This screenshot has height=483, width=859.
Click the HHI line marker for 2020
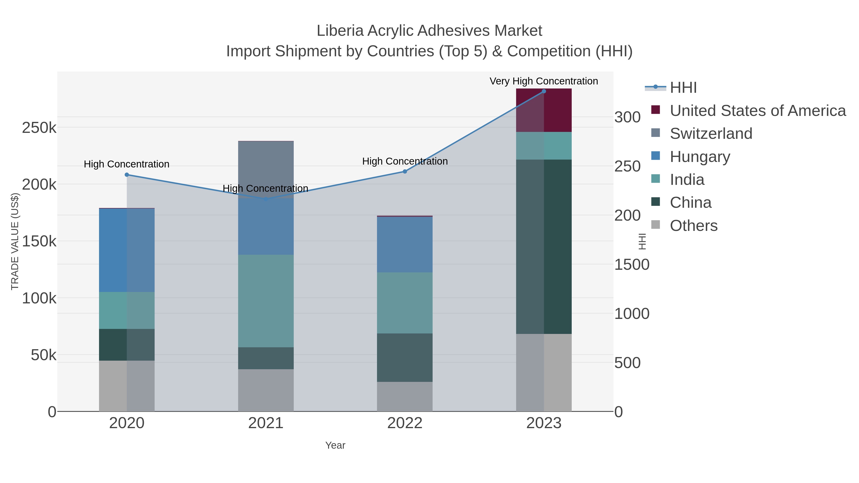click(127, 175)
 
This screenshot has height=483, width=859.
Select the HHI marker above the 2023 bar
click(544, 91)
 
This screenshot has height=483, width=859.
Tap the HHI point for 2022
click(405, 172)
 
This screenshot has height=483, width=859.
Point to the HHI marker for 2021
click(266, 199)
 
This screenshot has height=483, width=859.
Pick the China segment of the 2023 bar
click(544, 247)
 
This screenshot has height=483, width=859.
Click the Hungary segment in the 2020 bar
click(127, 250)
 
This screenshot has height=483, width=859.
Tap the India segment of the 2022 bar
click(405, 303)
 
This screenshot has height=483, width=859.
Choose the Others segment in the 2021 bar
click(266, 390)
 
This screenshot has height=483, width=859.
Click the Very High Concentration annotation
click(544, 81)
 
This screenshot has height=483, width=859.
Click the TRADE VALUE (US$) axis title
click(15, 241)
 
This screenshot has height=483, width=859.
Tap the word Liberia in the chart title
click(340, 31)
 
